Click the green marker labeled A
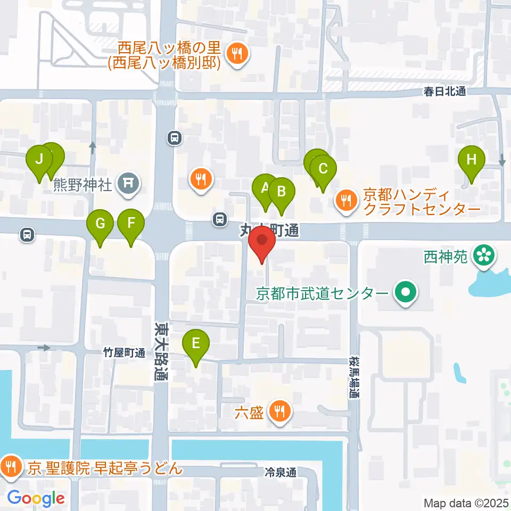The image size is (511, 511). [265, 189]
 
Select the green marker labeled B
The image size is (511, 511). [282, 192]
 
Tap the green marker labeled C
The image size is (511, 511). [323, 170]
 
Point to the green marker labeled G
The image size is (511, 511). [100, 224]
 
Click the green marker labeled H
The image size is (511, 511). [472, 160]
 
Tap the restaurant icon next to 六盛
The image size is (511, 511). [278, 411]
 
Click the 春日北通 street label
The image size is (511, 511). [444, 92]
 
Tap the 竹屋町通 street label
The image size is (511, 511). [124, 353]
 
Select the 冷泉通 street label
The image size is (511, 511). [280, 472]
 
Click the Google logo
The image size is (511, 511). [36, 498]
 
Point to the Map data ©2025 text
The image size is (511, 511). [466, 502]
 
